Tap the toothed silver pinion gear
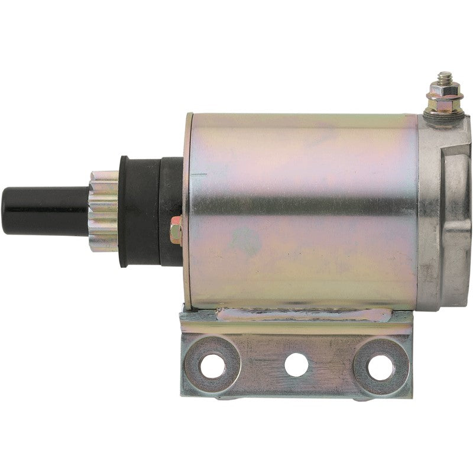[x=104, y=210]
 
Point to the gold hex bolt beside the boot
[x=176, y=231]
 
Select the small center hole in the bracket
[x=296, y=365]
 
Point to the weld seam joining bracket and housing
[x=302, y=315]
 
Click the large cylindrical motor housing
[x=302, y=207]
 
